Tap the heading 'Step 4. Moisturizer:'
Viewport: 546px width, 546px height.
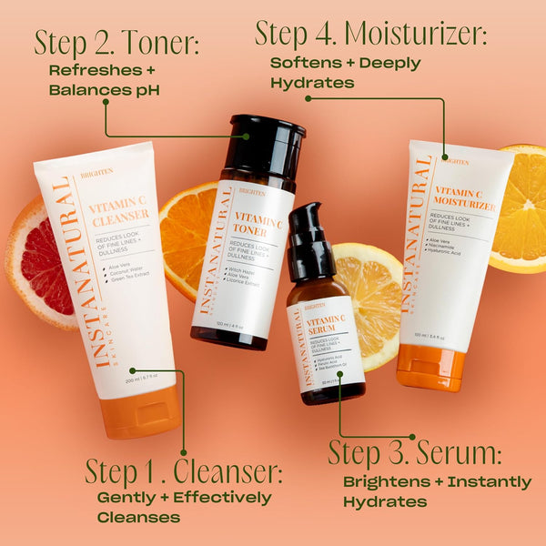click(x=370, y=34)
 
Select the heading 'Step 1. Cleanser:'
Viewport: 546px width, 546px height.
click(x=184, y=471)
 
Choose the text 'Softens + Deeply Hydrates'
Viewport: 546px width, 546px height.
click(x=345, y=72)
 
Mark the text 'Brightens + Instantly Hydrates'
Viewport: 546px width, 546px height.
click(x=437, y=490)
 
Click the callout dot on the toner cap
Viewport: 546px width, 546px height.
click(x=245, y=136)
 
